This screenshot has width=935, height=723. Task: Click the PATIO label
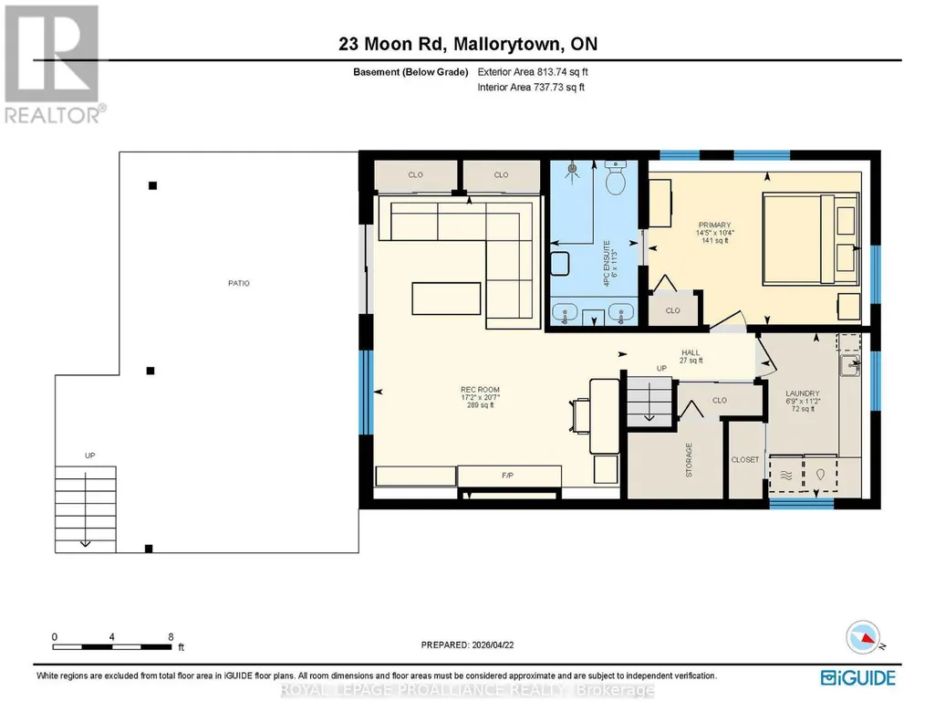point(238,283)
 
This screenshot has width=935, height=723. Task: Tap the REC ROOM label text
point(480,390)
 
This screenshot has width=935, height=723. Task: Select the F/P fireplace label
point(507,476)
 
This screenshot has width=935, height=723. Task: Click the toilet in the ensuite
point(615,176)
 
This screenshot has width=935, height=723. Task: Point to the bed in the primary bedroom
point(811,237)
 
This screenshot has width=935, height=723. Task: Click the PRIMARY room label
point(714,225)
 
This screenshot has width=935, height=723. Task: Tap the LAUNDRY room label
point(802,393)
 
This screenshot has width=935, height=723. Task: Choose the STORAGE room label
point(689,460)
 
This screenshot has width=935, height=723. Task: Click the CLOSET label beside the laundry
point(745,460)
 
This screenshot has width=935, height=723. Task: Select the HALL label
point(691,353)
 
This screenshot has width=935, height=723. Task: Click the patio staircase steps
point(85,509)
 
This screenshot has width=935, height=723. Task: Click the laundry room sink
point(850,365)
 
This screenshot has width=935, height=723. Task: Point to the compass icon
point(863,637)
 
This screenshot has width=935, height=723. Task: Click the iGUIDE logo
point(858,678)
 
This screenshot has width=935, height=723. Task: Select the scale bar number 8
point(171,636)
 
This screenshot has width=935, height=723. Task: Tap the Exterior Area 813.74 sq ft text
point(533,72)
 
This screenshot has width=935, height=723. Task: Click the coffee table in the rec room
point(446,299)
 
